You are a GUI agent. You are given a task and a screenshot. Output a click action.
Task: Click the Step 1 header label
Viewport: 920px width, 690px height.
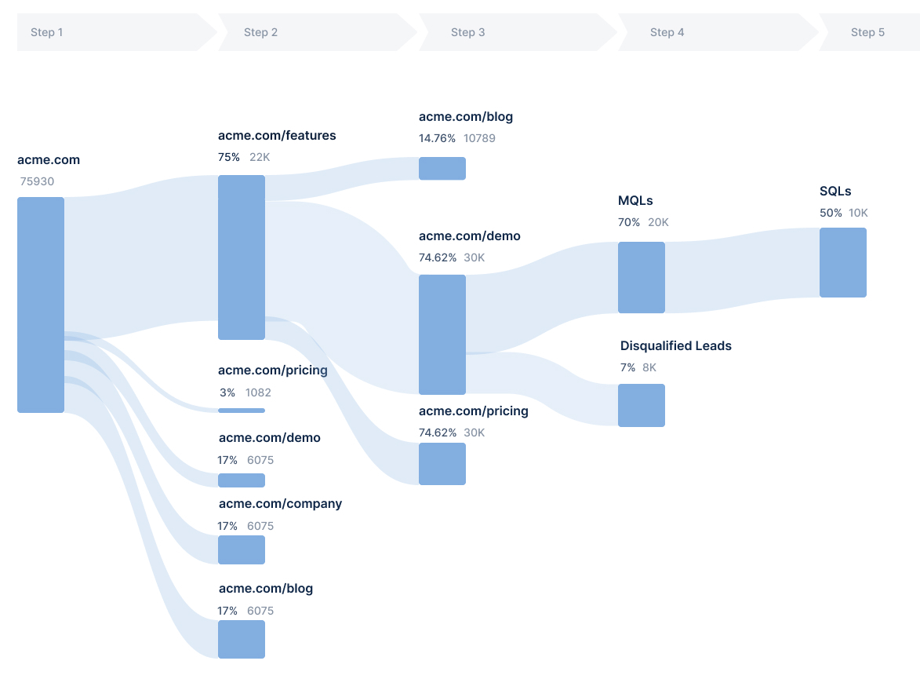(46, 32)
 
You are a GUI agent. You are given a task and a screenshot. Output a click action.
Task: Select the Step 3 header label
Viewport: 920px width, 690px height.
(467, 32)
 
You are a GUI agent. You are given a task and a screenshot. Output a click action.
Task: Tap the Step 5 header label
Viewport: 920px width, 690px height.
(867, 32)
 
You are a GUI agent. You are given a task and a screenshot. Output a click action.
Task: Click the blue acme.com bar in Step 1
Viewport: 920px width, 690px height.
(41, 305)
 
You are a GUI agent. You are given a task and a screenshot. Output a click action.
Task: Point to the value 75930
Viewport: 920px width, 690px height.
(38, 181)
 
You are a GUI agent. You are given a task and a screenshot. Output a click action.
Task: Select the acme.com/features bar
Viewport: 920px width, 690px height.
(242, 257)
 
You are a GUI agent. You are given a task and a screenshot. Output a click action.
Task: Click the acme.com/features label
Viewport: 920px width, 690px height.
(277, 135)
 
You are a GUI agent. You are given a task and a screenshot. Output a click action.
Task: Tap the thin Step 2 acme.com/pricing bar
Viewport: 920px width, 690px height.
(242, 410)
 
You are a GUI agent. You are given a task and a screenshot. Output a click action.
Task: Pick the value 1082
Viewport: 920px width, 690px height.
(258, 392)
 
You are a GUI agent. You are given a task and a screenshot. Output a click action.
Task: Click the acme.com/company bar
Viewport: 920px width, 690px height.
(242, 549)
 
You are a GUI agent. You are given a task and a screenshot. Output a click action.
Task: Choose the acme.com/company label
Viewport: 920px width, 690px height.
(280, 503)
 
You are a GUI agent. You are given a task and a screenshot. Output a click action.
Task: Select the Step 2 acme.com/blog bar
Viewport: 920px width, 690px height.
(242, 639)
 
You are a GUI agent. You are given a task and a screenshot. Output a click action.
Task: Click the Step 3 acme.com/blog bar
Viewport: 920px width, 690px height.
(442, 168)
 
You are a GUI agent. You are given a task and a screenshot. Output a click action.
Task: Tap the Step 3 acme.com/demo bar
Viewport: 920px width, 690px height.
(442, 334)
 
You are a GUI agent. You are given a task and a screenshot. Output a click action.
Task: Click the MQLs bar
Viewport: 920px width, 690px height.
(642, 277)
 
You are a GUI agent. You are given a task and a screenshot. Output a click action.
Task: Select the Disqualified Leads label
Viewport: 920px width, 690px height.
(675, 345)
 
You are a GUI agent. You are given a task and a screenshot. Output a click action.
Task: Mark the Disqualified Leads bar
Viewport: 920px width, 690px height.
(642, 405)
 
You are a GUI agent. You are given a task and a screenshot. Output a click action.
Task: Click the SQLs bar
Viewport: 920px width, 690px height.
(843, 262)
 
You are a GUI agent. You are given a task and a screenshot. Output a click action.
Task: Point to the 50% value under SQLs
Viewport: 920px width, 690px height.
(831, 213)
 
